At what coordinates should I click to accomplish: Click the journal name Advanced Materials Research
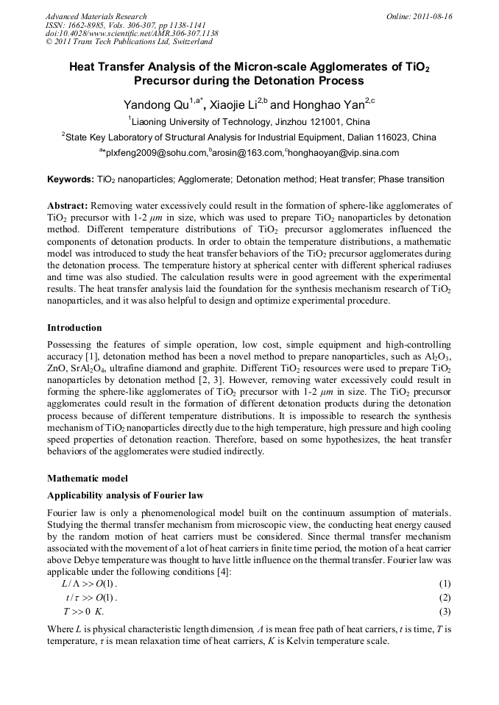(x=96, y=16)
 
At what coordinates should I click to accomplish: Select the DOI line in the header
(x=132, y=34)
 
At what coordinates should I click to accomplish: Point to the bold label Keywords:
(x=70, y=179)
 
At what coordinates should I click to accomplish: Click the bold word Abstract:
(x=68, y=207)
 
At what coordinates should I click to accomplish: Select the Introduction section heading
(x=74, y=327)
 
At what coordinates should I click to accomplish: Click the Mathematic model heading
(x=87, y=478)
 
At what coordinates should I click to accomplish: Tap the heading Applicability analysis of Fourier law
(x=125, y=495)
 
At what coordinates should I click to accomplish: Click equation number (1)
(x=444, y=584)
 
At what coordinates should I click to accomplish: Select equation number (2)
(x=444, y=598)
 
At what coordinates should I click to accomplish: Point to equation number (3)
(x=444, y=612)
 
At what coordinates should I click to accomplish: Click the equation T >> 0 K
(x=84, y=612)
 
